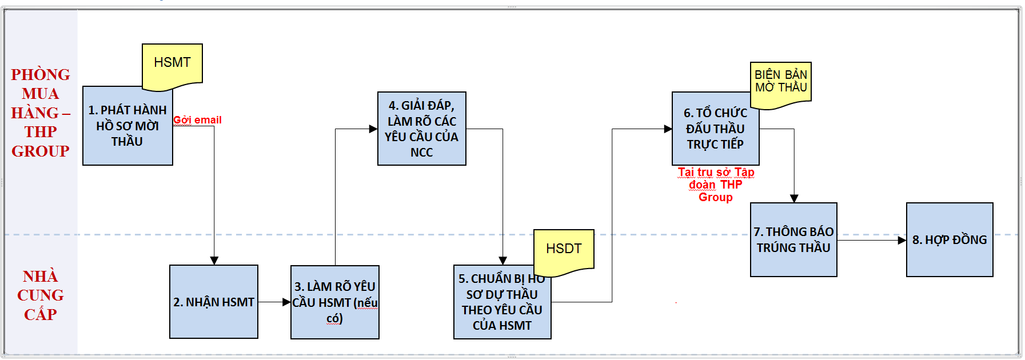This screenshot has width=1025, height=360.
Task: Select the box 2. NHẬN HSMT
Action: (214, 302)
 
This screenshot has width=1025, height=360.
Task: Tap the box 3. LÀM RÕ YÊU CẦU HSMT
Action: (335, 302)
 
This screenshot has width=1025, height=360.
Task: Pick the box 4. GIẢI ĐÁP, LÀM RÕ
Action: (422, 129)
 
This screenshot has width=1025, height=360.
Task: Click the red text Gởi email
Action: (198, 120)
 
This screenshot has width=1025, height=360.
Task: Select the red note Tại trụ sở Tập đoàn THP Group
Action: (716, 185)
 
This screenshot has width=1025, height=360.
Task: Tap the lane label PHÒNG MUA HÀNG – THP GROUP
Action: (41, 113)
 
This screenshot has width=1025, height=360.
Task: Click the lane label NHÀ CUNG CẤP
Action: (41, 295)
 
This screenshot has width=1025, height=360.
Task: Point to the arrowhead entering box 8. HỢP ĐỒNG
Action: (902, 241)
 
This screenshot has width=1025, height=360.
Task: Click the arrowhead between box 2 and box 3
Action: (287, 302)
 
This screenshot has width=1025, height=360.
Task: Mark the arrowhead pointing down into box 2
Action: (214, 261)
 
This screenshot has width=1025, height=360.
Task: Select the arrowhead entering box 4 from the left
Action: (373, 129)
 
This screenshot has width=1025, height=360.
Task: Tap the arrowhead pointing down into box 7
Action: (794, 198)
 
